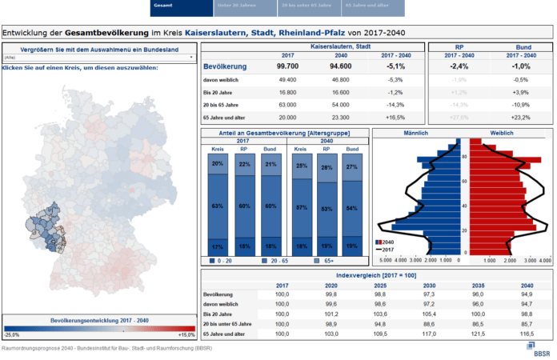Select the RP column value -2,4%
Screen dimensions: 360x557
(x=459, y=67)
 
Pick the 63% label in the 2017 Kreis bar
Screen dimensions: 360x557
(x=217, y=206)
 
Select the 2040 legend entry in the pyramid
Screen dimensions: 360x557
(x=387, y=242)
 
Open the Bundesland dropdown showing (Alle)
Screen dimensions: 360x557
(x=99, y=58)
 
